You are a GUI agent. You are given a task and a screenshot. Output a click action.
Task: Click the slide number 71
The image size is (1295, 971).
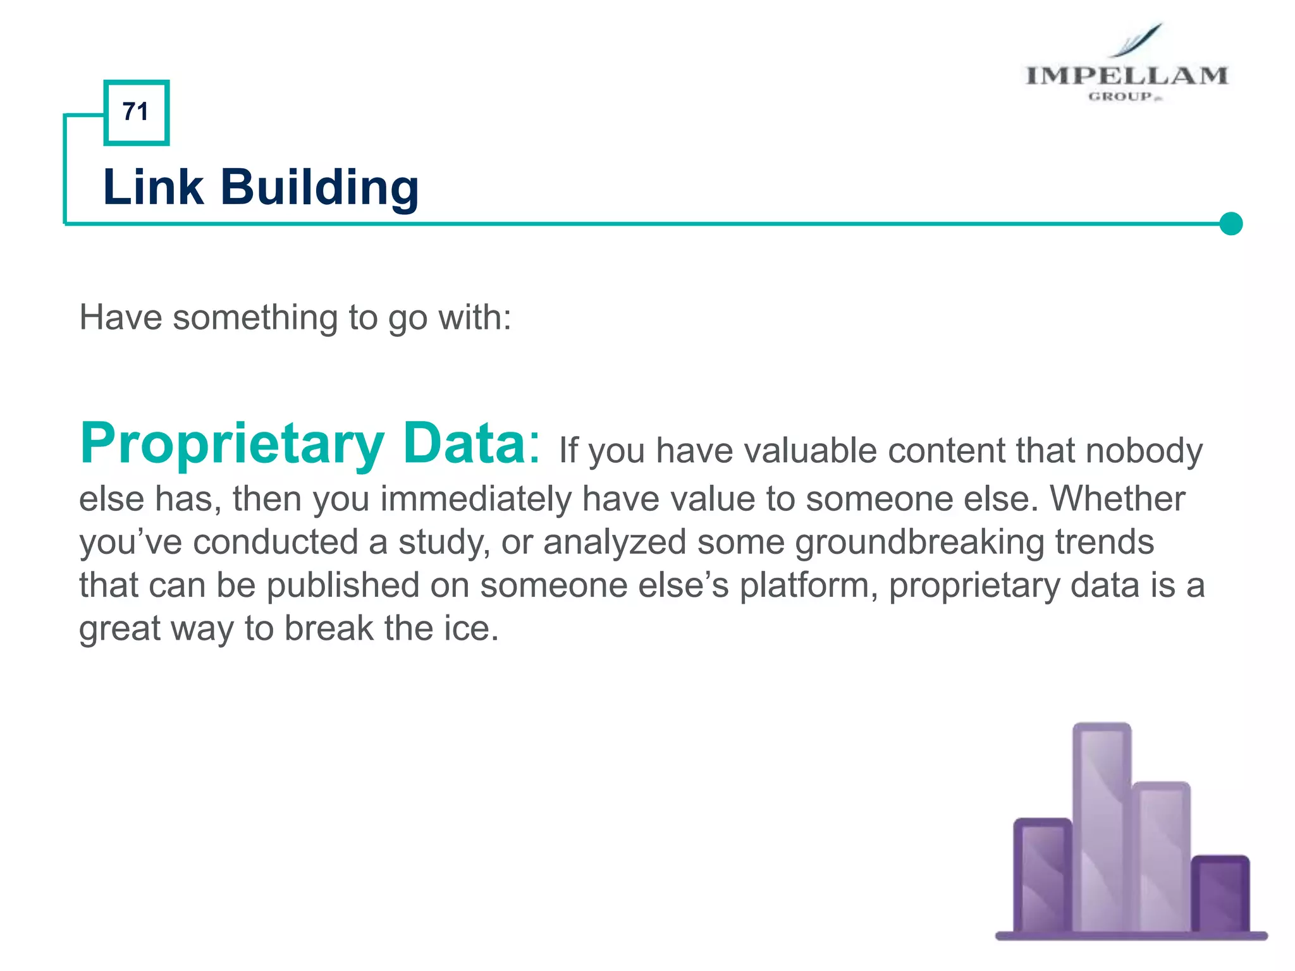coord(135,112)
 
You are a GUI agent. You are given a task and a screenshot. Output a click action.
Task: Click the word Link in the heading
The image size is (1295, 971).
coord(153,187)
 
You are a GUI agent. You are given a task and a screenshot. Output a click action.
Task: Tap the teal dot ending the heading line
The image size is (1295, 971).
coord(1231,224)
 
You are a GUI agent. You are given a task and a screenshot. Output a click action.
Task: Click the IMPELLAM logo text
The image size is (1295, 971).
coord(1126,76)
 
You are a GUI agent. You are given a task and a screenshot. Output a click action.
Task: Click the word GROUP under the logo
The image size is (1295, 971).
coord(1120,97)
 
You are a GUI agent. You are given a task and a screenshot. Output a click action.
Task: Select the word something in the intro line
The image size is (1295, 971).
coord(255,317)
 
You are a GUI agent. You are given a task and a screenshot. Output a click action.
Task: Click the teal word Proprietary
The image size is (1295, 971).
coord(232,444)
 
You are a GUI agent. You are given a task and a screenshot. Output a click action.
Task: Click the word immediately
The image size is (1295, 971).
coord(476,499)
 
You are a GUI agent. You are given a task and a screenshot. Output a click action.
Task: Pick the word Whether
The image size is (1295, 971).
coord(1117,499)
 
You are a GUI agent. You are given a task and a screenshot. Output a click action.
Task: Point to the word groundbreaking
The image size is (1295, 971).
coord(919,542)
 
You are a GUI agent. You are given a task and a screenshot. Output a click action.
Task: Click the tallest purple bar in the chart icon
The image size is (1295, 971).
coord(1102,828)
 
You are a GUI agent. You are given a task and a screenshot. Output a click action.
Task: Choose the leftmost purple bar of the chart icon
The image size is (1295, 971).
coord(1043,876)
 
